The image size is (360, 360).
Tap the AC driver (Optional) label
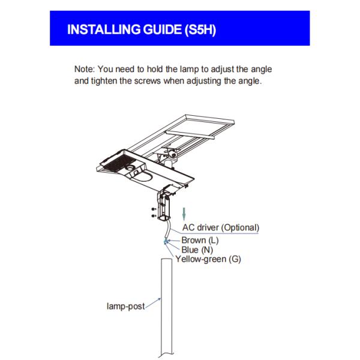pyautogui.click(x=220, y=228)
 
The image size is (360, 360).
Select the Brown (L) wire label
pyautogui.click(x=202, y=240)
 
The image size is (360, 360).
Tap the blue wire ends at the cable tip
pyautogui.click(x=165, y=241)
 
